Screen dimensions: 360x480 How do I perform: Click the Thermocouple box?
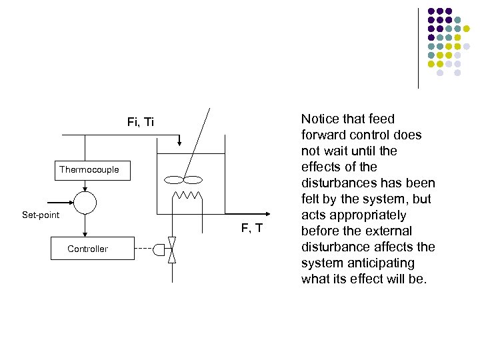pyautogui.click(x=89, y=169)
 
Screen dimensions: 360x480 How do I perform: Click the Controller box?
pyautogui.click(x=87, y=249)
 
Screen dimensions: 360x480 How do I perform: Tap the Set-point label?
pyautogui.click(x=41, y=215)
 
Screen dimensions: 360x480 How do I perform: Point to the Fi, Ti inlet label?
pyautogui.click(x=140, y=122)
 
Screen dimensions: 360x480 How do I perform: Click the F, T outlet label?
pyautogui.click(x=251, y=229)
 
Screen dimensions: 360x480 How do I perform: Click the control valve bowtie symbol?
pyautogui.click(x=171, y=250)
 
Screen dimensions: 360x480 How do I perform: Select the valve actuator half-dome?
pyautogui.click(x=159, y=250)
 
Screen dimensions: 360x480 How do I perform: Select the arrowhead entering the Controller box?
pyautogui.click(x=85, y=233)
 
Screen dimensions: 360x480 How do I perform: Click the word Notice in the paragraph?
pyautogui.click(x=320, y=119)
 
